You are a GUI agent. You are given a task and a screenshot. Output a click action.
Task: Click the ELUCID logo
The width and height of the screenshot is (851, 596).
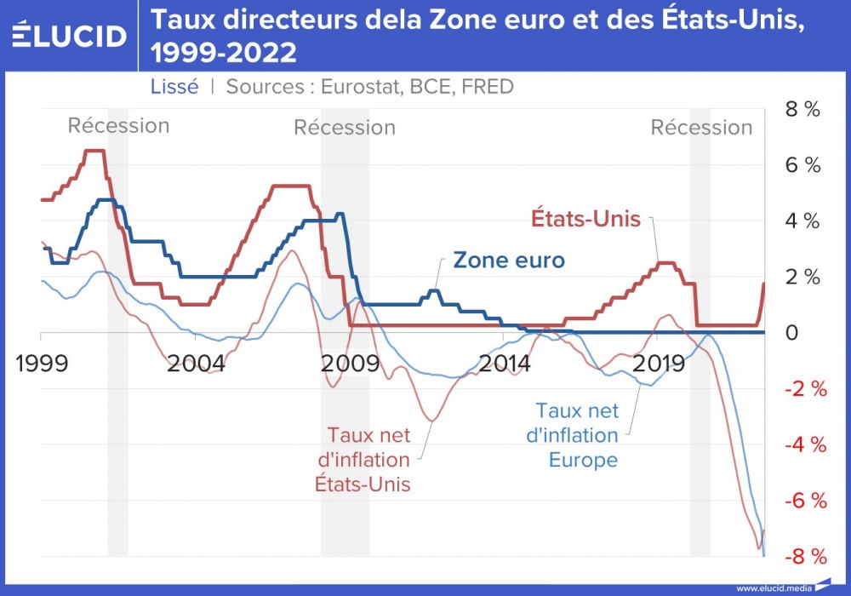tap(70, 35)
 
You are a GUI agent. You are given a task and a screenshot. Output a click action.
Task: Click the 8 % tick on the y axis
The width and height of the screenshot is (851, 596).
tap(803, 109)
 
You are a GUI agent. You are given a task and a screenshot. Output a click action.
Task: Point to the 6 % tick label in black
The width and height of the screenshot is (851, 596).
tap(803, 165)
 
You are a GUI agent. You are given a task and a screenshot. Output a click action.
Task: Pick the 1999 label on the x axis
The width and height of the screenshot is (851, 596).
tap(43, 364)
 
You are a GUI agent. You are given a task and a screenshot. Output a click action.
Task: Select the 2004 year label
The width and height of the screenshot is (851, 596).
tap(197, 364)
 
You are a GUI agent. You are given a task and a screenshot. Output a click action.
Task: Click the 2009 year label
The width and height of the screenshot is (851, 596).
tap(351, 364)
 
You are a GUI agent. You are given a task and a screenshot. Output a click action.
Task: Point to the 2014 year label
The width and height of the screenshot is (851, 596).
tap(505, 364)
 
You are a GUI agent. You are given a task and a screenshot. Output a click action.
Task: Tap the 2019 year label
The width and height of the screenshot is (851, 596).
tap(660, 364)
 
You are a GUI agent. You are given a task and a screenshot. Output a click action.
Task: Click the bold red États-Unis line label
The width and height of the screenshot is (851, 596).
tap(585, 218)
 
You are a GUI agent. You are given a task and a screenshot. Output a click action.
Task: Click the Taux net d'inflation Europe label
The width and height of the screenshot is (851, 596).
tap(572, 436)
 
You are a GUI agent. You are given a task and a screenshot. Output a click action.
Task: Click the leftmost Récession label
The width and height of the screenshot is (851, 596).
tap(118, 126)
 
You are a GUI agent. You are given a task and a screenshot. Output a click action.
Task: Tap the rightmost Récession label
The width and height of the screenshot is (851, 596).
tap(701, 128)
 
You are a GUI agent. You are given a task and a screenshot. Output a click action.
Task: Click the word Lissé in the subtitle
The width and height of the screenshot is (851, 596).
tap(174, 86)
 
